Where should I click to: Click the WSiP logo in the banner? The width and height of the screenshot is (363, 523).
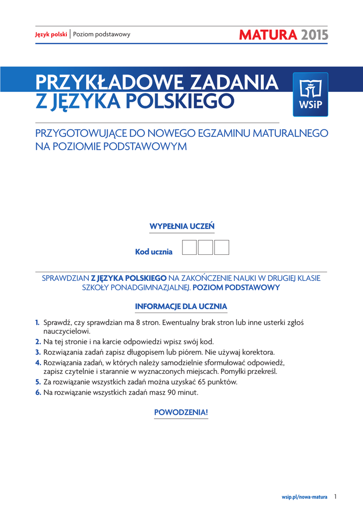310,94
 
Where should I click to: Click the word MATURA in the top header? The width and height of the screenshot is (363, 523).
267,35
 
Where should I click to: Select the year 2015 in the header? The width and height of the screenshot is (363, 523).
314,35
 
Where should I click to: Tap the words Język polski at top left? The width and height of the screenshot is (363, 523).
51,35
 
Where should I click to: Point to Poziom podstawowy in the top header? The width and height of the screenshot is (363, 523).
102,35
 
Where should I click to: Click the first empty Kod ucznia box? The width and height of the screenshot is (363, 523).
189,247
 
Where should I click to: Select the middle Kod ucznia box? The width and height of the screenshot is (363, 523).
205,247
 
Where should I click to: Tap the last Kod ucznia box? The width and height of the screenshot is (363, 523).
222,247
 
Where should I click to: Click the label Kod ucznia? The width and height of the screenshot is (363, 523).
154,252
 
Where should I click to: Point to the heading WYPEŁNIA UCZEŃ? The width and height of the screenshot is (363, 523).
182,226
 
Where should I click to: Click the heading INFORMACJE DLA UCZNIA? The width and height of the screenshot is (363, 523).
181,306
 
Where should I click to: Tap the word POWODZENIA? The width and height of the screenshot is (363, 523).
181,412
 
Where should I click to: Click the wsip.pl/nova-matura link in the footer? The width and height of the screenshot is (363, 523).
304,497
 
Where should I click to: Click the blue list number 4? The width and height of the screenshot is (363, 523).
38,363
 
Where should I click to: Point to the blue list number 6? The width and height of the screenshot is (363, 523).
38,392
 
